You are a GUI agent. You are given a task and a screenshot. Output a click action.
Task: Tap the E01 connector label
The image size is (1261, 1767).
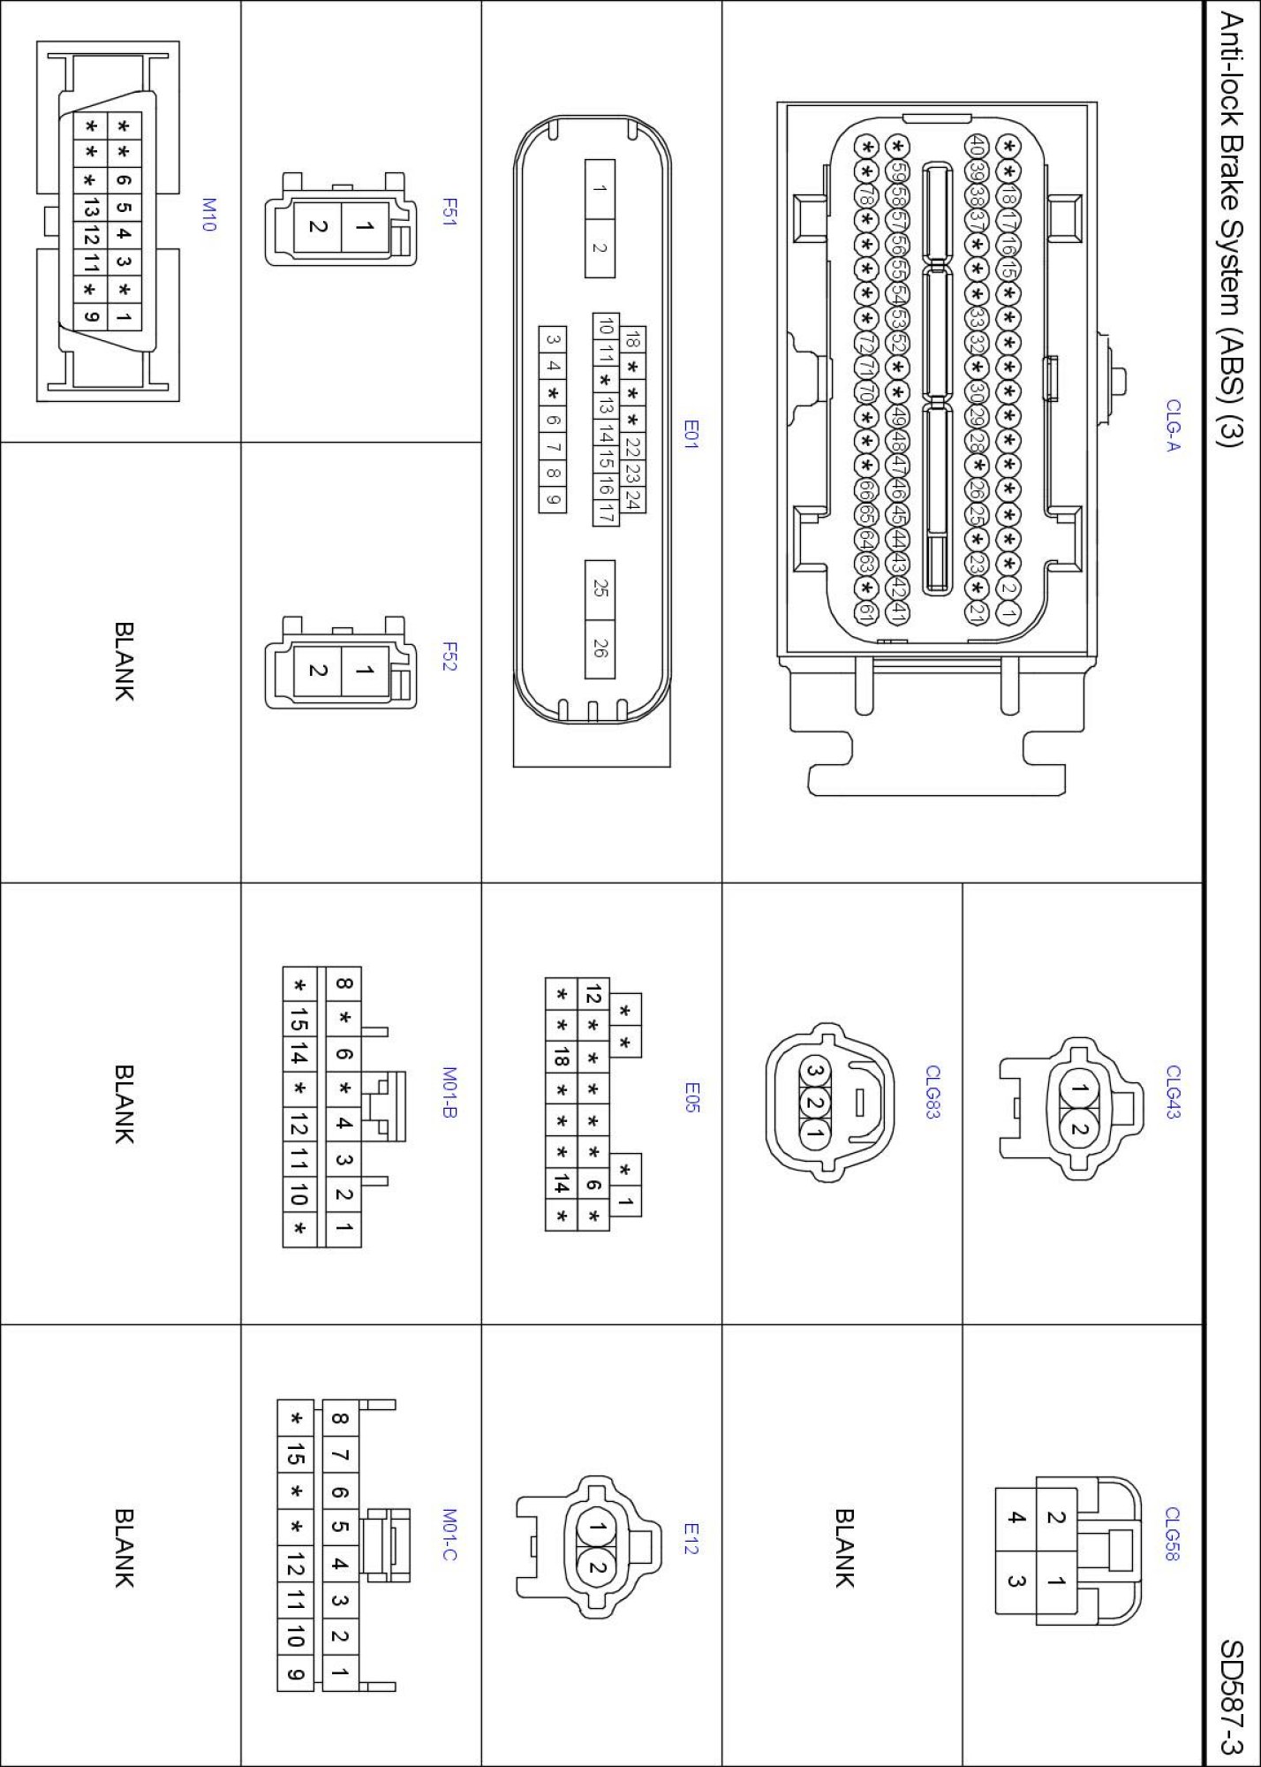click(x=691, y=434)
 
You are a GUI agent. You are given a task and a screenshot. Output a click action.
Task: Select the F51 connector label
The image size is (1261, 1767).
click(x=449, y=212)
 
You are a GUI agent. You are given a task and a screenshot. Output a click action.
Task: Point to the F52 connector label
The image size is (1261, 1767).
click(x=449, y=656)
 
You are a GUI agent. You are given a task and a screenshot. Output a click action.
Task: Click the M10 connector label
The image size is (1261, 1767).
click(x=208, y=215)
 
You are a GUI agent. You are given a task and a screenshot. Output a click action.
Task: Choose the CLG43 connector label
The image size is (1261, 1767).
click(x=1173, y=1092)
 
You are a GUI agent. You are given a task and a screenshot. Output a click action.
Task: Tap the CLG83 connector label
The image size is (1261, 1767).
click(x=933, y=1092)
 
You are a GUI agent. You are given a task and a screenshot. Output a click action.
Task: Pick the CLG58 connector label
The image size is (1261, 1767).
click(x=1173, y=1534)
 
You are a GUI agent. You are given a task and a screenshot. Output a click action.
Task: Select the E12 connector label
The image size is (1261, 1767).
click(x=691, y=1539)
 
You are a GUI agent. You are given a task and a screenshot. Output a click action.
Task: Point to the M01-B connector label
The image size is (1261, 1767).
click(x=449, y=1092)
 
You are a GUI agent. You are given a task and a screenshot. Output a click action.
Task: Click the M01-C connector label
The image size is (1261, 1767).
click(x=449, y=1535)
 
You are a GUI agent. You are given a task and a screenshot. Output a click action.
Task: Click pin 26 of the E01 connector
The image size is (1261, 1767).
click(x=600, y=648)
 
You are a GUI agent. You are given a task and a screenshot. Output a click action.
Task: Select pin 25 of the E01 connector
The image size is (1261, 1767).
click(x=600, y=588)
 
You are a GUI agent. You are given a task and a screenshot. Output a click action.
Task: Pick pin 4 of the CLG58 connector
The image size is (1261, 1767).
click(x=1016, y=1518)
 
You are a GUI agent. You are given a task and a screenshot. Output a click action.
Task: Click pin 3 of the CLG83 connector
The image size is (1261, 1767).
click(x=815, y=1073)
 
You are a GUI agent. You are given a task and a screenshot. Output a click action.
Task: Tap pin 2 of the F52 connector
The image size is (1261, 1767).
click(x=317, y=671)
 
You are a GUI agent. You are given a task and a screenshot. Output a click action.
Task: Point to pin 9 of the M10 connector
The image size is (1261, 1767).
click(x=90, y=315)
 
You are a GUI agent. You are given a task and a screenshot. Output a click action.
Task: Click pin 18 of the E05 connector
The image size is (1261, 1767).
click(x=561, y=1057)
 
